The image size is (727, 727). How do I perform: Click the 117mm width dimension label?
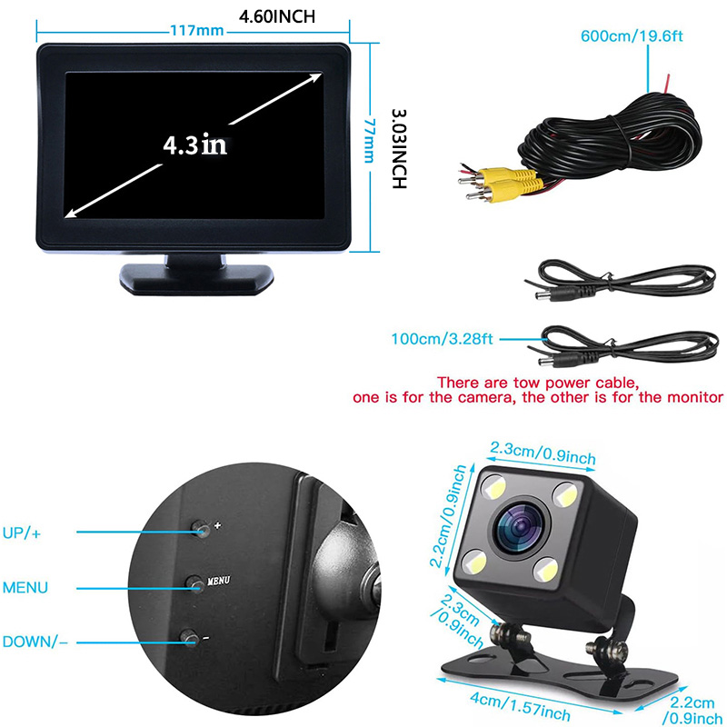coord(197,31)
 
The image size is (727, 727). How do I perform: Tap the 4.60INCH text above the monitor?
coord(277,16)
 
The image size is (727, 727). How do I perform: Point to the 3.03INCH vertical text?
coord(399,149)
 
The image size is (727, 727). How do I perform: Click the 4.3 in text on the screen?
coord(194,144)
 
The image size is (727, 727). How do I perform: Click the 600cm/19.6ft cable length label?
coord(632,36)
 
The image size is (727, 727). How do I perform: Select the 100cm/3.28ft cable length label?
coord(442,339)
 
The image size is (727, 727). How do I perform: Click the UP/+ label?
coord(21,533)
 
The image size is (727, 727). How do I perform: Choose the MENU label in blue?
coord(25,588)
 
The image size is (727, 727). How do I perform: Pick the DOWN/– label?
coord(35,642)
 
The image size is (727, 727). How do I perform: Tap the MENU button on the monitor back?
coord(195,584)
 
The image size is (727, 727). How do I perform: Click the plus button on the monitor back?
coord(201,529)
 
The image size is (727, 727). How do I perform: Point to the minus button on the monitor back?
coord(190,638)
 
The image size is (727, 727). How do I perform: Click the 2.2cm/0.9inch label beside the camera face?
coord(447,515)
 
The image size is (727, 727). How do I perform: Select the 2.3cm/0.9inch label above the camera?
coord(543,453)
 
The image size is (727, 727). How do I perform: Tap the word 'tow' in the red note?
coord(527,383)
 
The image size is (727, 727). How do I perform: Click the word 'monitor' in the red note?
coord(694,397)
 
